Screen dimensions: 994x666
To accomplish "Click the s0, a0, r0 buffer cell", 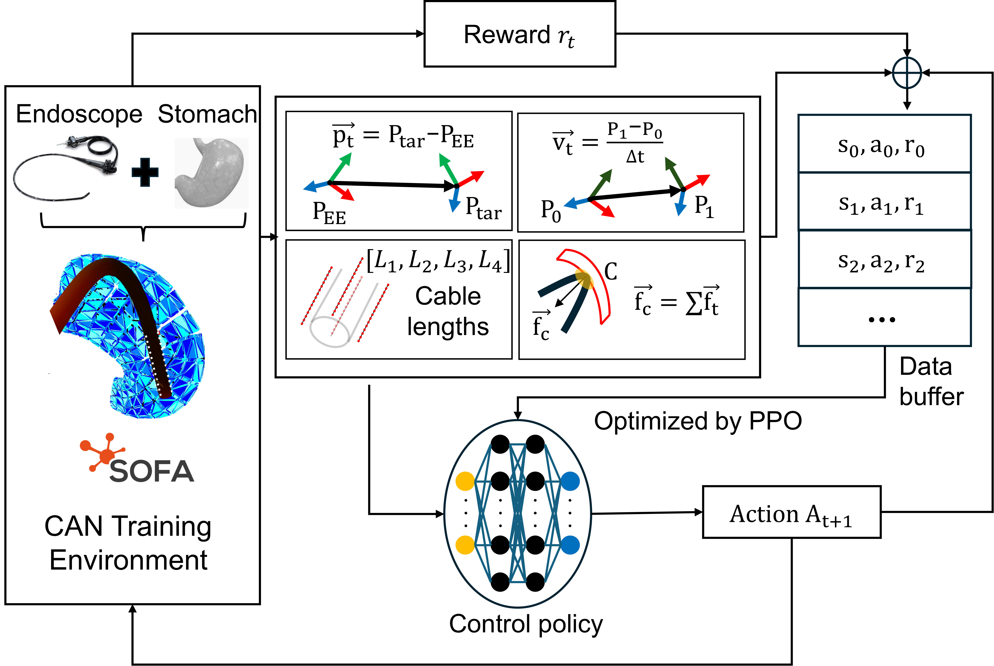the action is point(884,144).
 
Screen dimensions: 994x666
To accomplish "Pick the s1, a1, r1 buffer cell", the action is point(884,201).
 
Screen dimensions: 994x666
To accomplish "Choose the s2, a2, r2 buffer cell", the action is point(884,259).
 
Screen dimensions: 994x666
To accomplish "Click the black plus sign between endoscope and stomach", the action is point(145,172).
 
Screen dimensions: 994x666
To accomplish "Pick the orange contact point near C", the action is point(585,279).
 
